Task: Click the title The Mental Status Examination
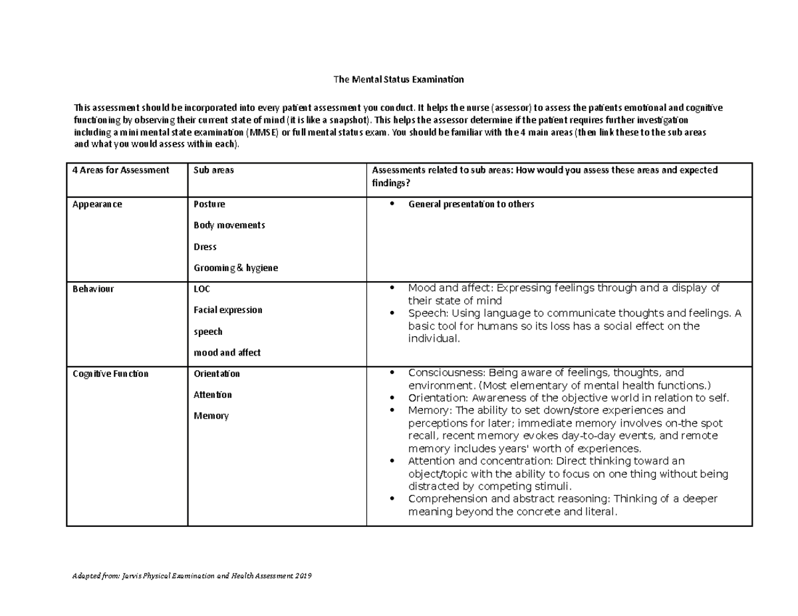398,80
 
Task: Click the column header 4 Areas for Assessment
121,170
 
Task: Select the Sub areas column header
213,170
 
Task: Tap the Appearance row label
97,205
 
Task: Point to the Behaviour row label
93,289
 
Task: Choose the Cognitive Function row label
110,374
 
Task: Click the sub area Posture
209,205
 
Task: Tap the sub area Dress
205,247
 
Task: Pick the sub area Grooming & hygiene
235,268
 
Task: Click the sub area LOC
201,289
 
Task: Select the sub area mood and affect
227,353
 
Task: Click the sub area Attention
213,395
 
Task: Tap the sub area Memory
211,416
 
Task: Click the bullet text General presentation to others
471,205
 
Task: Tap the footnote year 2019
303,575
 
